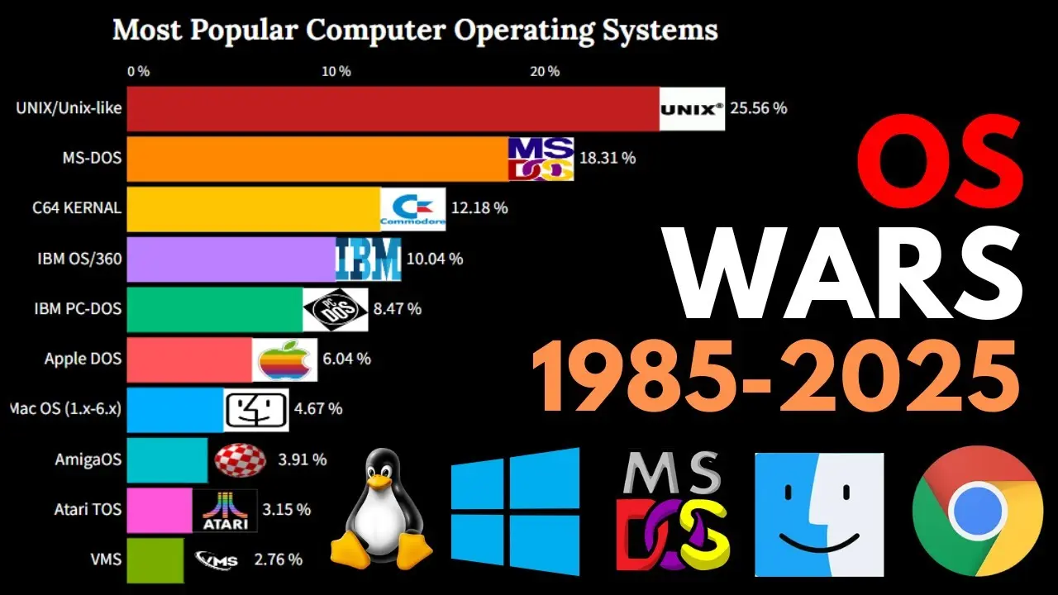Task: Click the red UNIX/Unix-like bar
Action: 393,108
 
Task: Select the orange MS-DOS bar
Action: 318,159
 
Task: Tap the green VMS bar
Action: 155,560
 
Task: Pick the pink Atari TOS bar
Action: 160,510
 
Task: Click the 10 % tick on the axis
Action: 336,71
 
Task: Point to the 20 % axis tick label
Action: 545,71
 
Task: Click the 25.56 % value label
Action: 759,108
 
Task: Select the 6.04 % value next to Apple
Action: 346,359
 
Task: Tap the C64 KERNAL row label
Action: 77,207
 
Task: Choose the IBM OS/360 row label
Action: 79,259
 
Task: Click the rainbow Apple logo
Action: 284,359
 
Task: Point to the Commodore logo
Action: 413,209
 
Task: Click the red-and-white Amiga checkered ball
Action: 240,460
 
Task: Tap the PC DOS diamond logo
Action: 336,310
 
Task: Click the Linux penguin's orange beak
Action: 380,481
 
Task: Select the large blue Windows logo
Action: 515,512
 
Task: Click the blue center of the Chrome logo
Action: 977,512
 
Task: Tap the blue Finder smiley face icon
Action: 819,515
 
